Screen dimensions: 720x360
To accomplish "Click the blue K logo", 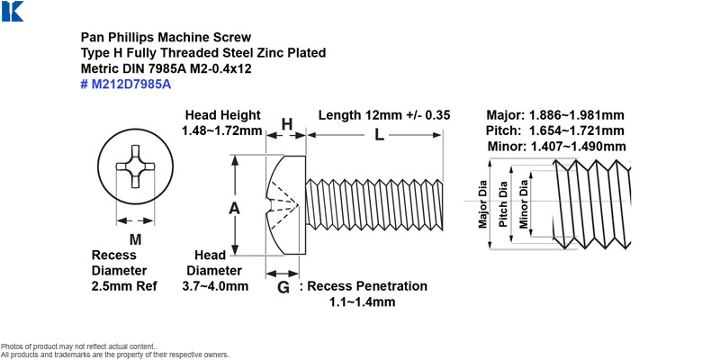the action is [x=13, y=11].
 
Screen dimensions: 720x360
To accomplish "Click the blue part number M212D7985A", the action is [x=126, y=85].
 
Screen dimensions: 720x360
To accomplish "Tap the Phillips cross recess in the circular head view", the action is [x=135, y=166].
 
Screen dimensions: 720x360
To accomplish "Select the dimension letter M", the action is [x=135, y=239].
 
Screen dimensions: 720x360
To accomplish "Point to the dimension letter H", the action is [x=287, y=124].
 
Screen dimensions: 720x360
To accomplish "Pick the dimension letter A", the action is [x=235, y=209].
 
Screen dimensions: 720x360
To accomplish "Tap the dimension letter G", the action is [x=283, y=288].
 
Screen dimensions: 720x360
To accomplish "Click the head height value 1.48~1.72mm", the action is [x=221, y=130].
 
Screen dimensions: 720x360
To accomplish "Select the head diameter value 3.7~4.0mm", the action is [x=215, y=286].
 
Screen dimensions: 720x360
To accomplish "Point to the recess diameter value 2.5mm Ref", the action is [x=124, y=286].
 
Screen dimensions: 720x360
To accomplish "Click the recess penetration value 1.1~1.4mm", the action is [x=363, y=302].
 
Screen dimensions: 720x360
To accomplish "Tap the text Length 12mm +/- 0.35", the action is [x=384, y=115].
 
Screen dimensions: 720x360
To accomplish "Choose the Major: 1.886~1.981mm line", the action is [x=555, y=115].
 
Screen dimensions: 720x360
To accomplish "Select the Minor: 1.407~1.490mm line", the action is [x=556, y=147].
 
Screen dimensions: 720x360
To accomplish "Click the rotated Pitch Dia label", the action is [x=503, y=204].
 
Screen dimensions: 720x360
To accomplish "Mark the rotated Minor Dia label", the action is [x=524, y=204].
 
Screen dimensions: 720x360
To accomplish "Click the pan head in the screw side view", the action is [x=286, y=205].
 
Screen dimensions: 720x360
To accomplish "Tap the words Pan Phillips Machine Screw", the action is [x=166, y=37].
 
